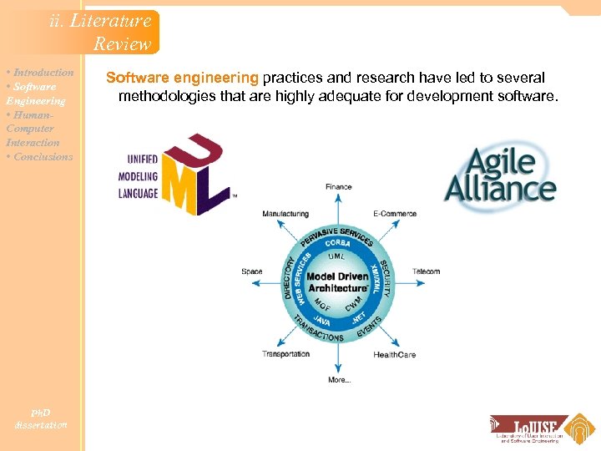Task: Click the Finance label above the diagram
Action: coord(338,187)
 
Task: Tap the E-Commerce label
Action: coord(395,214)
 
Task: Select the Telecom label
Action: coord(426,271)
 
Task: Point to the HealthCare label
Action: coord(395,355)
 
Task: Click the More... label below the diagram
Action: coord(339,380)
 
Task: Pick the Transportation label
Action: coord(286,355)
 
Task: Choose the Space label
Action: coord(251,271)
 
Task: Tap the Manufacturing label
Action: coord(285,214)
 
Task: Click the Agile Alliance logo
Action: coord(499,176)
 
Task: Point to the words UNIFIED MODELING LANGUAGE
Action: coord(138,177)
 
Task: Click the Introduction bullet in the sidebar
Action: coord(41,73)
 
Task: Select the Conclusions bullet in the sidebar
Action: coord(40,157)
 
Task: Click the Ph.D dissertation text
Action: coord(41,418)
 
